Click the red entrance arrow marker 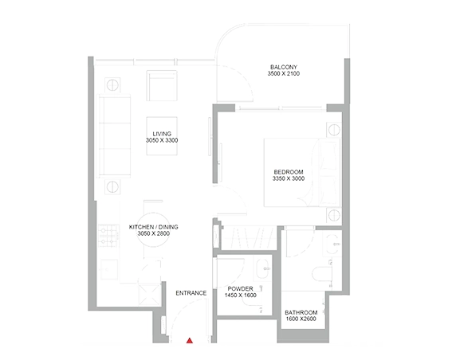[190, 341]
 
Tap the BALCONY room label [284, 67]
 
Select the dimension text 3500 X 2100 [284, 74]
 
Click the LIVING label [162, 134]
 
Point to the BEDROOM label [289, 172]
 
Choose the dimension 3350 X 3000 [289, 178]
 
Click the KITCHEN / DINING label [154, 227]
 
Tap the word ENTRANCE [191, 293]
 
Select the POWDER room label [240, 289]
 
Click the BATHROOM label [301, 313]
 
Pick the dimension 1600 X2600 [301, 319]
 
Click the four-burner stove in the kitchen [108, 236]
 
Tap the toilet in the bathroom [322, 273]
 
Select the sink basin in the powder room [263, 268]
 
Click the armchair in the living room [162, 86]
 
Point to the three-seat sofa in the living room [114, 135]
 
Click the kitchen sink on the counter [109, 270]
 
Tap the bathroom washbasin [334, 245]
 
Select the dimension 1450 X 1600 [241, 295]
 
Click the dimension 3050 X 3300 [162, 140]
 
